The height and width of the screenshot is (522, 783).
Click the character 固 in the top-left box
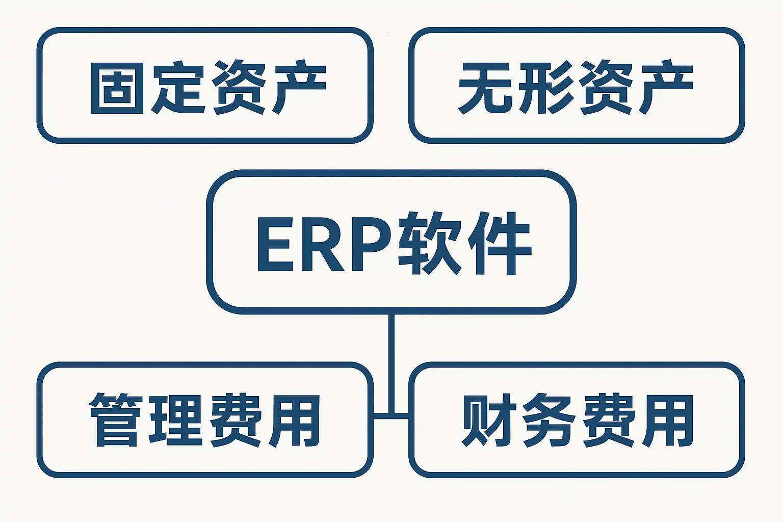tap(116, 87)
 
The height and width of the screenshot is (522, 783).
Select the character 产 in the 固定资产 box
tap(298, 87)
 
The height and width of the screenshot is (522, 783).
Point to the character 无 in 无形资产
tap(484, 87)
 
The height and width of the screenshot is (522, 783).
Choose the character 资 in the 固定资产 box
tap(238, 87)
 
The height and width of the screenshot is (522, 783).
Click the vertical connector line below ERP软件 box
tap(391, 357)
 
